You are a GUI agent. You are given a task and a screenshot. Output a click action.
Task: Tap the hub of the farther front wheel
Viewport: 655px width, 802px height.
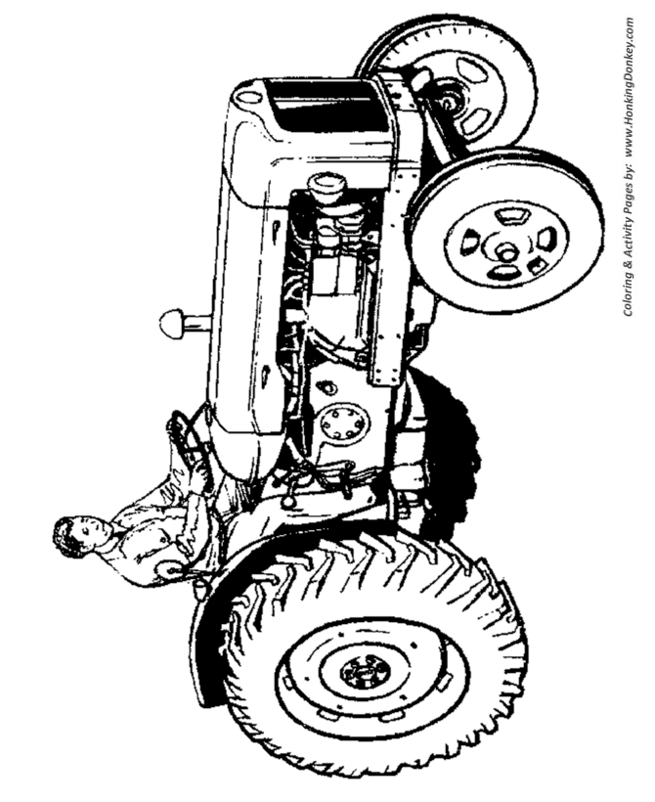point(451,97)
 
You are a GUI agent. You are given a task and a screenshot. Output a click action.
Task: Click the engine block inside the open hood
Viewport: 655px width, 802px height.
point(332,264)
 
